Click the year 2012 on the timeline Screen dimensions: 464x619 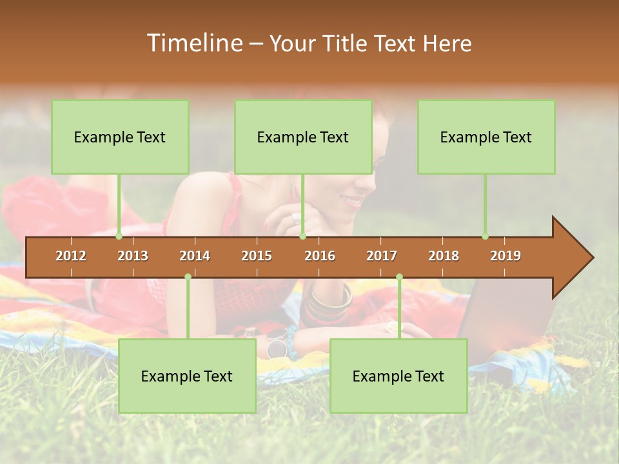pos(71,256)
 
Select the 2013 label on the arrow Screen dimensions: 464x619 pos(133,256)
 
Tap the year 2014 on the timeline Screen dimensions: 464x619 pos(195,256)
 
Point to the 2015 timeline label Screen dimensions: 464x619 pos(257,256)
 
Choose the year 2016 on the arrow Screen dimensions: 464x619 pos(320,256)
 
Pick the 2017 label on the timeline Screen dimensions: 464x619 pos(382,256)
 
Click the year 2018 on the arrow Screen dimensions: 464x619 pos(444,256)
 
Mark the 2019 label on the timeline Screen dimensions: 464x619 pos(506,256)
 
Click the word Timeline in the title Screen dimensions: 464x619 pos(194,43)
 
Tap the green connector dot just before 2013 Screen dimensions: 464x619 pos(119,236)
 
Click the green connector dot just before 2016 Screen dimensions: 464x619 pos(302,236)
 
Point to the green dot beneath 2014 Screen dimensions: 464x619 pos(188,276)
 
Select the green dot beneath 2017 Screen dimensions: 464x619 pos(399,276)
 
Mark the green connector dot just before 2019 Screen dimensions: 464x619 pos(485,236)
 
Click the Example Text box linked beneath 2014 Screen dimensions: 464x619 pos(187,376)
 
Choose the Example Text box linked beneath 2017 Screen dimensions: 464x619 pos(398,376)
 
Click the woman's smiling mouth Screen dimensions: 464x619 pos(353,202)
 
